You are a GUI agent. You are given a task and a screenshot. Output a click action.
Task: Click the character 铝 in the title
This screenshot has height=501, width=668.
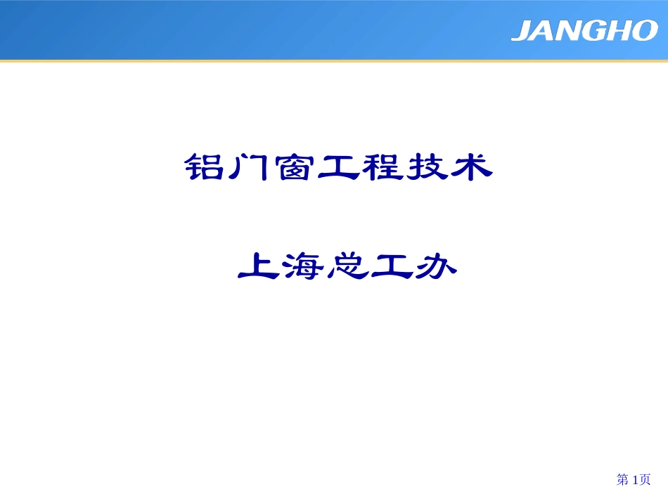point(202,168)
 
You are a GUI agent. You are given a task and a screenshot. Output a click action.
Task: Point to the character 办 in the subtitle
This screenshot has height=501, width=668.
point(436,266)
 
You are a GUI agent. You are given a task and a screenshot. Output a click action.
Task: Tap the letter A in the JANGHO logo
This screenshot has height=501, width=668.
point(544,31)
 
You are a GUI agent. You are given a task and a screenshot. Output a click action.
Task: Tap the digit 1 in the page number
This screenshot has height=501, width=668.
point(636,479)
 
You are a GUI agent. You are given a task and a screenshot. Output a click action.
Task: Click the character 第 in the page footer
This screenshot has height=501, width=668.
point(622,479)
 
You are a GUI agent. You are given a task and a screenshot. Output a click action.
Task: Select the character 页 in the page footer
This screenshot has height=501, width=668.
point(645,479)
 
